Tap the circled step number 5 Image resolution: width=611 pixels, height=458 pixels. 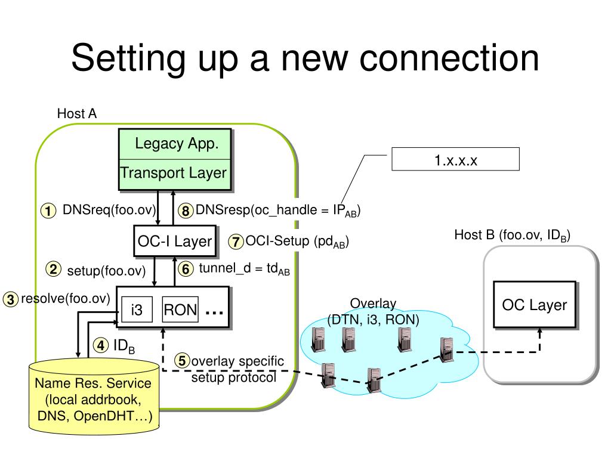[x=183, y=361]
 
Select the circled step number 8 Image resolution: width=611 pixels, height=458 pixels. [x=186, y=211]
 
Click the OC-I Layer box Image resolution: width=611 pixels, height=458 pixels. [x=174, y=241]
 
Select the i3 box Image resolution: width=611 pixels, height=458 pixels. [x=137, y=310]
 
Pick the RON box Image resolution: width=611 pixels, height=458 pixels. [x=180, y=310]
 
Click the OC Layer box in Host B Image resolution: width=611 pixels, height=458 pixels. [x=534, y=305]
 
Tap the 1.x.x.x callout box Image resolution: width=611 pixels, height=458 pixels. [x=455, y=160]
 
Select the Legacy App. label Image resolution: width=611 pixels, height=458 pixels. [x=175, y=144]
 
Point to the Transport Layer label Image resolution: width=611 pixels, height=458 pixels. [x=174, y=173]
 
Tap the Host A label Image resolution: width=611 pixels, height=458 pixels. [x=76, y=113]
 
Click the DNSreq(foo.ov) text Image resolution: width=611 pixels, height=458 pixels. [x=109, y=210]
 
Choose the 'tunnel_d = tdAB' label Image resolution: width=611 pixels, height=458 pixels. [x=244, y=269]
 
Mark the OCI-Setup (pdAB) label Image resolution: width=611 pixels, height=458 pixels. [x=297, y=242]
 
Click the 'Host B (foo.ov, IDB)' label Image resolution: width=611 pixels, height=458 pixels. [x=512, y=235]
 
